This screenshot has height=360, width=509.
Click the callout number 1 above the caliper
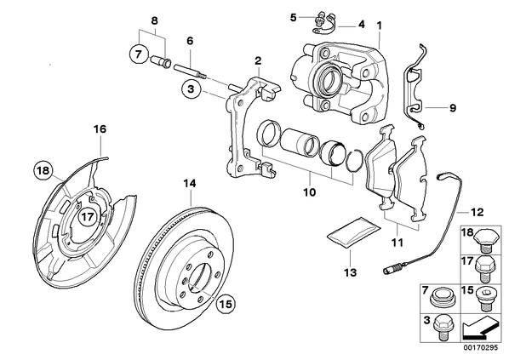tap(380, 26)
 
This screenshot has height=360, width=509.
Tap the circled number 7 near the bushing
tap(139, 54)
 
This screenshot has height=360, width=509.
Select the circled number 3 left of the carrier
tap(191, 89)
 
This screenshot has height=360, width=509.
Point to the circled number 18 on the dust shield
tap(43, 170)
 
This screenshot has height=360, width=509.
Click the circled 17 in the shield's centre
tap(88, 216)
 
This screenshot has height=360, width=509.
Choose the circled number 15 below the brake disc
tap(226, 304)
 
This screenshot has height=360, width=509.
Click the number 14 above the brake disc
tap(190, 184)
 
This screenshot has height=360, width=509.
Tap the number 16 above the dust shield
tap(100, 129)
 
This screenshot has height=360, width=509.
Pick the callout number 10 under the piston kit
tap(309, 192)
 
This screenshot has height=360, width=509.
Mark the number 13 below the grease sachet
tap(351, 272)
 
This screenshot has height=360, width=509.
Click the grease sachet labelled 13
tap(353, 233)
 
